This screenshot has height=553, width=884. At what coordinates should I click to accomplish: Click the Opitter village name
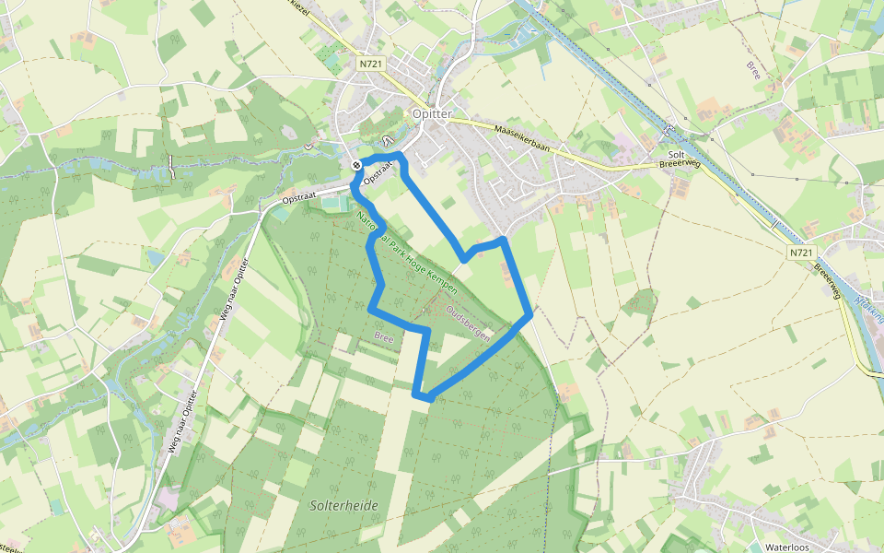(x=431, y=113)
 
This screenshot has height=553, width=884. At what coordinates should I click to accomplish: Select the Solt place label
(x=676, y=154)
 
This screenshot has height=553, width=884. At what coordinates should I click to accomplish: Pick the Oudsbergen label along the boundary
(x=468, y=324)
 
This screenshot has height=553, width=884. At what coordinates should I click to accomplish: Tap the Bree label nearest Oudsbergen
(x=384, y=337)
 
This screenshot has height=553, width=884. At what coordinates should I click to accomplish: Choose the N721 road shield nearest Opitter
(x=373, y=64)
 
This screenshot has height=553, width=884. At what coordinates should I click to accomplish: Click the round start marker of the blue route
(x=356, y=165)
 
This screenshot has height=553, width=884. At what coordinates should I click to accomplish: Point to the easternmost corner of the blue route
(x=531, y=315)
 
